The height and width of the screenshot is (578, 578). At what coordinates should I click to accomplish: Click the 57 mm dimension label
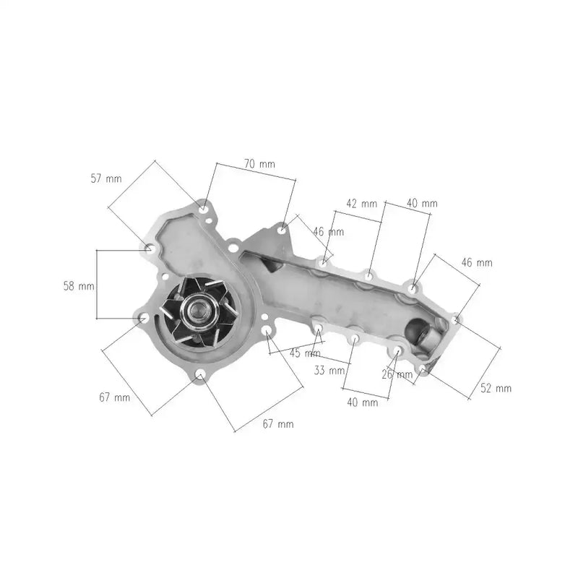[x=105, y=178]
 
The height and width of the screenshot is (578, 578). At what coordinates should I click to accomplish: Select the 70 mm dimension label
[x=259, y=164]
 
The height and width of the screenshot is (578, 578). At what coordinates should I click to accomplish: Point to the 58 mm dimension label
[x=79, y=286]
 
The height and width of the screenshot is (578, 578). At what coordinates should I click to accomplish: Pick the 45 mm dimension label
[x=305, y=353]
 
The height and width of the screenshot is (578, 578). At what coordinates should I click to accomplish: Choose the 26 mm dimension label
[x=397, y=374]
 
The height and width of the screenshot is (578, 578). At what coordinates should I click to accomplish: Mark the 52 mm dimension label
[x=496, y=389]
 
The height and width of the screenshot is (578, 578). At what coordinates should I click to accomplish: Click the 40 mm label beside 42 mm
[x=422, y=204]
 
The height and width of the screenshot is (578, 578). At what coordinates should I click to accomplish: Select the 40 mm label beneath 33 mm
[x=362, y=402]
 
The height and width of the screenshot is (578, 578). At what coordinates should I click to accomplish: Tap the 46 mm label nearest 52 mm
[x=477, y=263]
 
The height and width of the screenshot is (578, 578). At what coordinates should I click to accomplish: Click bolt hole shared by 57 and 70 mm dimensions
[x=204, y=209]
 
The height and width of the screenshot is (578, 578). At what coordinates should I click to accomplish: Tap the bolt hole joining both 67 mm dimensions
[x=200, y=374]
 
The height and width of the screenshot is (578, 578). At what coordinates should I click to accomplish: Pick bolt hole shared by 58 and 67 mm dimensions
[x=144, y=318]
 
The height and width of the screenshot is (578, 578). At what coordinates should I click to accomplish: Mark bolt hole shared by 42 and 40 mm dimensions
[x=369, y=275]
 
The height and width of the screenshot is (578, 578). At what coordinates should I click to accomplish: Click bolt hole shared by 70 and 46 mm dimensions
[x=282, y=230]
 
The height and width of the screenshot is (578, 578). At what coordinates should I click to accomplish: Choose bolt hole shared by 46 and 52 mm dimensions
[x=455, y=319]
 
